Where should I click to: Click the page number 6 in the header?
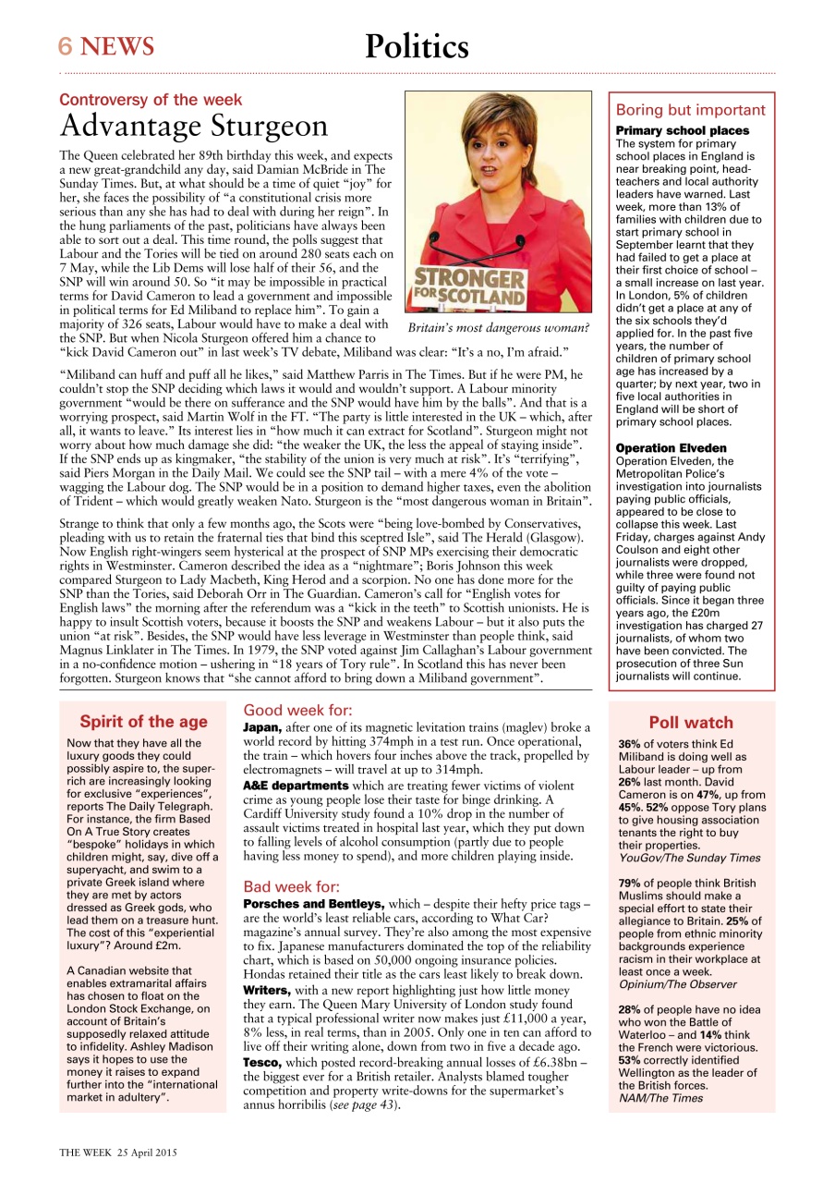[66, 46]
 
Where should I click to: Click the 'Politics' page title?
[417, 45]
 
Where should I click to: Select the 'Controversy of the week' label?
[151, 100]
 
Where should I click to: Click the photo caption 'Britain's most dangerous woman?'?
[498, 327]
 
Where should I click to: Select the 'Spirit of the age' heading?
[143, 722]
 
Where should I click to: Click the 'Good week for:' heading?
[297, 711]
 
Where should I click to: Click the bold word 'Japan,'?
[263, 729]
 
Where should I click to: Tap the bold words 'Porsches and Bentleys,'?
[313, 903]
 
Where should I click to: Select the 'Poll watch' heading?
[691, 723]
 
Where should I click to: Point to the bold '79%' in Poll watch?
[629, 883]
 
